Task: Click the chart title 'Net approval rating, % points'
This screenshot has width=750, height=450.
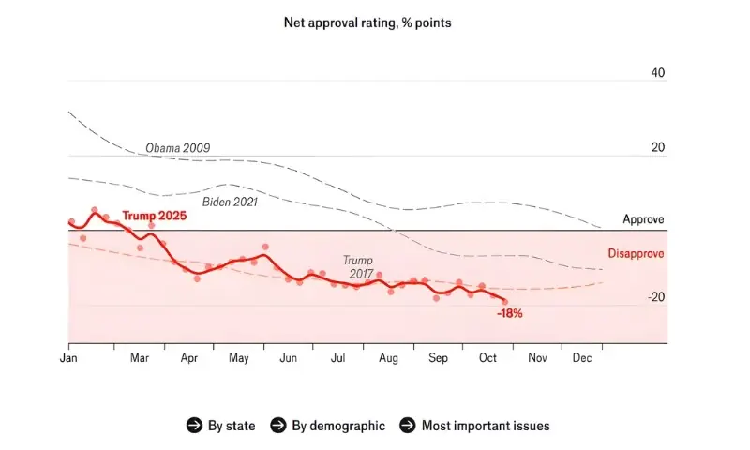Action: (x=367, y=22)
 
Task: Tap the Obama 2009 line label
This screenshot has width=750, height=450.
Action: (x=177, y=148)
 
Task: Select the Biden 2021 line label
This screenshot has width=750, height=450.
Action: (x=230, y=201)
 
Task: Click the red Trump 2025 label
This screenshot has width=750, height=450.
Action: (x=154, y=216)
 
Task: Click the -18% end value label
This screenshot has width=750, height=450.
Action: (x=510, y=313)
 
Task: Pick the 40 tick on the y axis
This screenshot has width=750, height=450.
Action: (x=657, y=73)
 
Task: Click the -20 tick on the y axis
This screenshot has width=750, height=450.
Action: (x=655, y=297)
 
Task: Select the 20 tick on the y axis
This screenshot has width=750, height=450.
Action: (x=657, y=148)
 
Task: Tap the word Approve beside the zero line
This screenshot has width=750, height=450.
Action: (x=643, y=219)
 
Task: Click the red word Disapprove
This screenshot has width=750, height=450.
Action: (x=637, y=254)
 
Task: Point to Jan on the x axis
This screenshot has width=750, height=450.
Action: (x=68, y=358)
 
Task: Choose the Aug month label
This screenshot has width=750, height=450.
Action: (x=389, y=358)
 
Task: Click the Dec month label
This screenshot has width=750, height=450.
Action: (x=581, y=358)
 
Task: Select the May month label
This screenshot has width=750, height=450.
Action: (x=238, y=358)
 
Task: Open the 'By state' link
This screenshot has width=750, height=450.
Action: (x=231, y=426)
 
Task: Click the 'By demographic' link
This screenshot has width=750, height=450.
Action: (x=337, y=426)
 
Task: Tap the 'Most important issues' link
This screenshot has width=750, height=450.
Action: (x=486, y=426)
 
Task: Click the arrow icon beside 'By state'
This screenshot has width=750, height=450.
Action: (x=194, y=426)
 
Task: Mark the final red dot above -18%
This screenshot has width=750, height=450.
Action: (x=504, y=301)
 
